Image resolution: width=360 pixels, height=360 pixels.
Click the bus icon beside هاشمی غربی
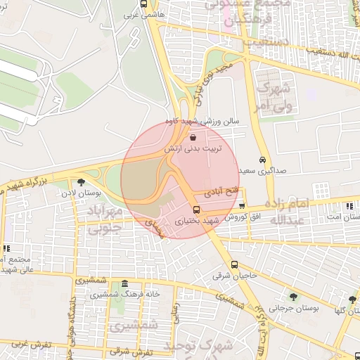pos(144,4)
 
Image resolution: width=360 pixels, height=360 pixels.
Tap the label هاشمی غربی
pos(145,14)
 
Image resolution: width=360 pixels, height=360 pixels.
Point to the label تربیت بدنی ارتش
pos(193,149)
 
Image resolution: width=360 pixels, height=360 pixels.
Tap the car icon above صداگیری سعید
pos(262,160)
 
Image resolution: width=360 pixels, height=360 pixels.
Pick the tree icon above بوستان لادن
pos(81,182)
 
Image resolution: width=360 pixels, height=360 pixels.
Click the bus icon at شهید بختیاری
pos(195,210)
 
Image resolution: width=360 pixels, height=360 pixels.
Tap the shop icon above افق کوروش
pos(242,206)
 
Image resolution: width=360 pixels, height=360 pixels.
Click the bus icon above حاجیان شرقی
pos(235,264)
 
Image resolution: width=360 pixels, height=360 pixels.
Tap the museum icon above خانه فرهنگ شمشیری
pos(124,283)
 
